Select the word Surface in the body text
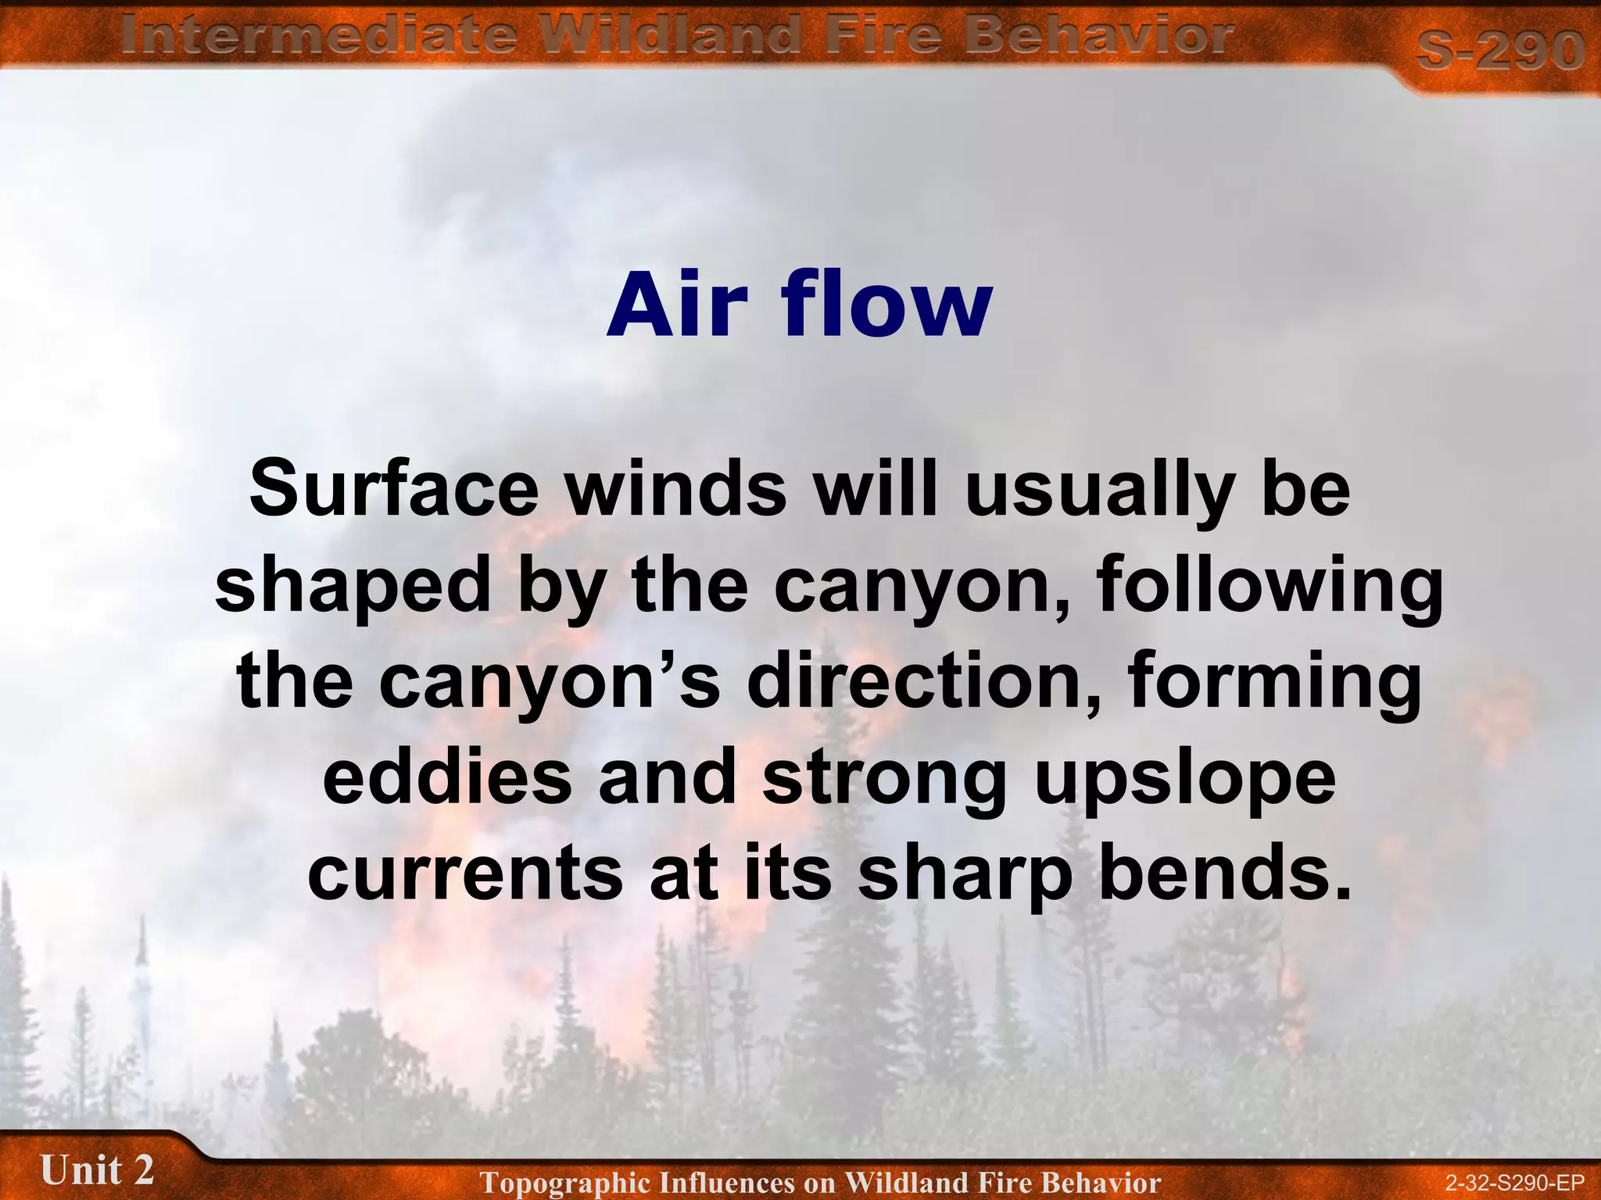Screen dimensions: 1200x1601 pos(394,490)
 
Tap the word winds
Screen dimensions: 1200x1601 pos(676,490)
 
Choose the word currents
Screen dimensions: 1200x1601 pos(465,873)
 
